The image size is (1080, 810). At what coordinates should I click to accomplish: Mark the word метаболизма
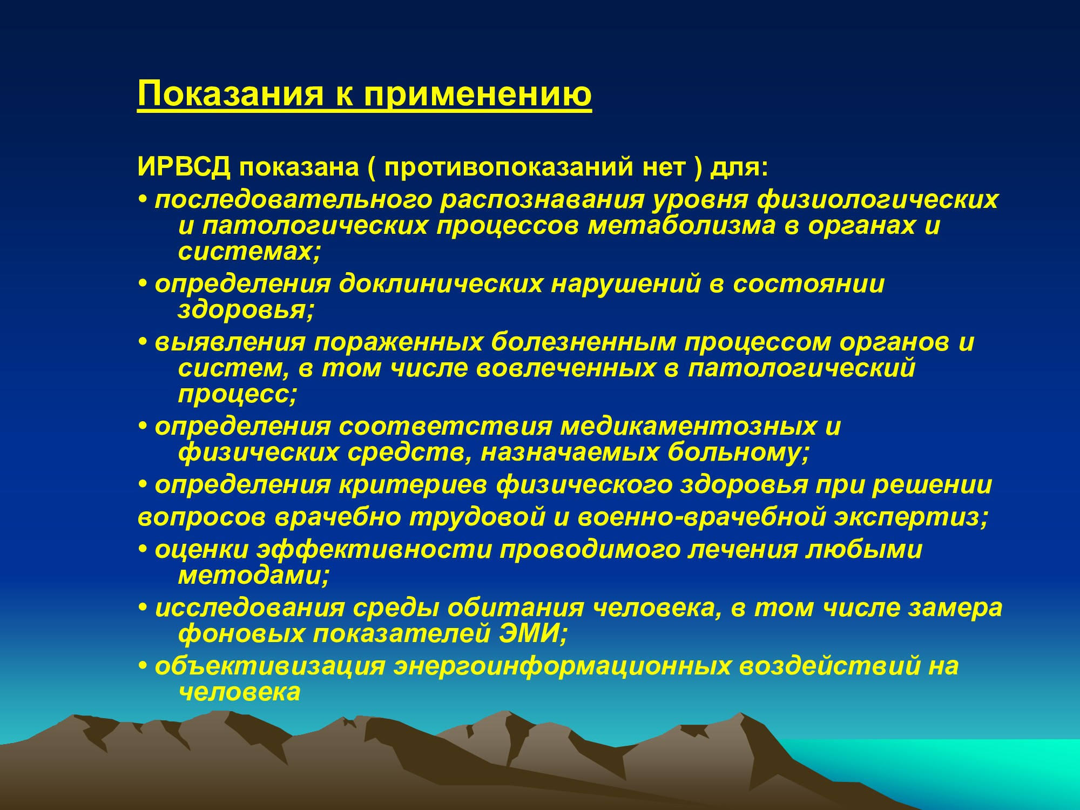pyautogui.click(x=681, y=225)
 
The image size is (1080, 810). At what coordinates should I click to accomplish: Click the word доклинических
pyautogui.click(x=440, y=284)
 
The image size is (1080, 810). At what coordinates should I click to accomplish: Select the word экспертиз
pyautogui.click(x=913, y=518)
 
